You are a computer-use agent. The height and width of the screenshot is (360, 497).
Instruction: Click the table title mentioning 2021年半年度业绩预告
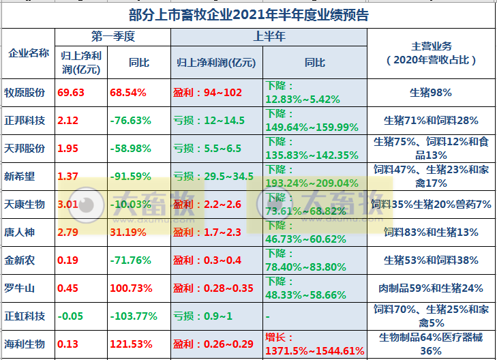pyautogui.click(x=248, y=14)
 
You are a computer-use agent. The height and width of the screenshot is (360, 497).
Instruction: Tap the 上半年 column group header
pyautogui.click(x=269, y=37)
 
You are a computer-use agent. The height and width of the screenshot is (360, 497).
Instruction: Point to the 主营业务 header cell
pyautogui.click(x=431, y=52)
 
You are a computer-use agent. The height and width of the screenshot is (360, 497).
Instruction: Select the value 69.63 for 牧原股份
pyautogui.click(x=72, y=92)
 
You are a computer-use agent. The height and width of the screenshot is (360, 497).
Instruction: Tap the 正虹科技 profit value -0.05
pyautogui.click(x=70, y=316)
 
